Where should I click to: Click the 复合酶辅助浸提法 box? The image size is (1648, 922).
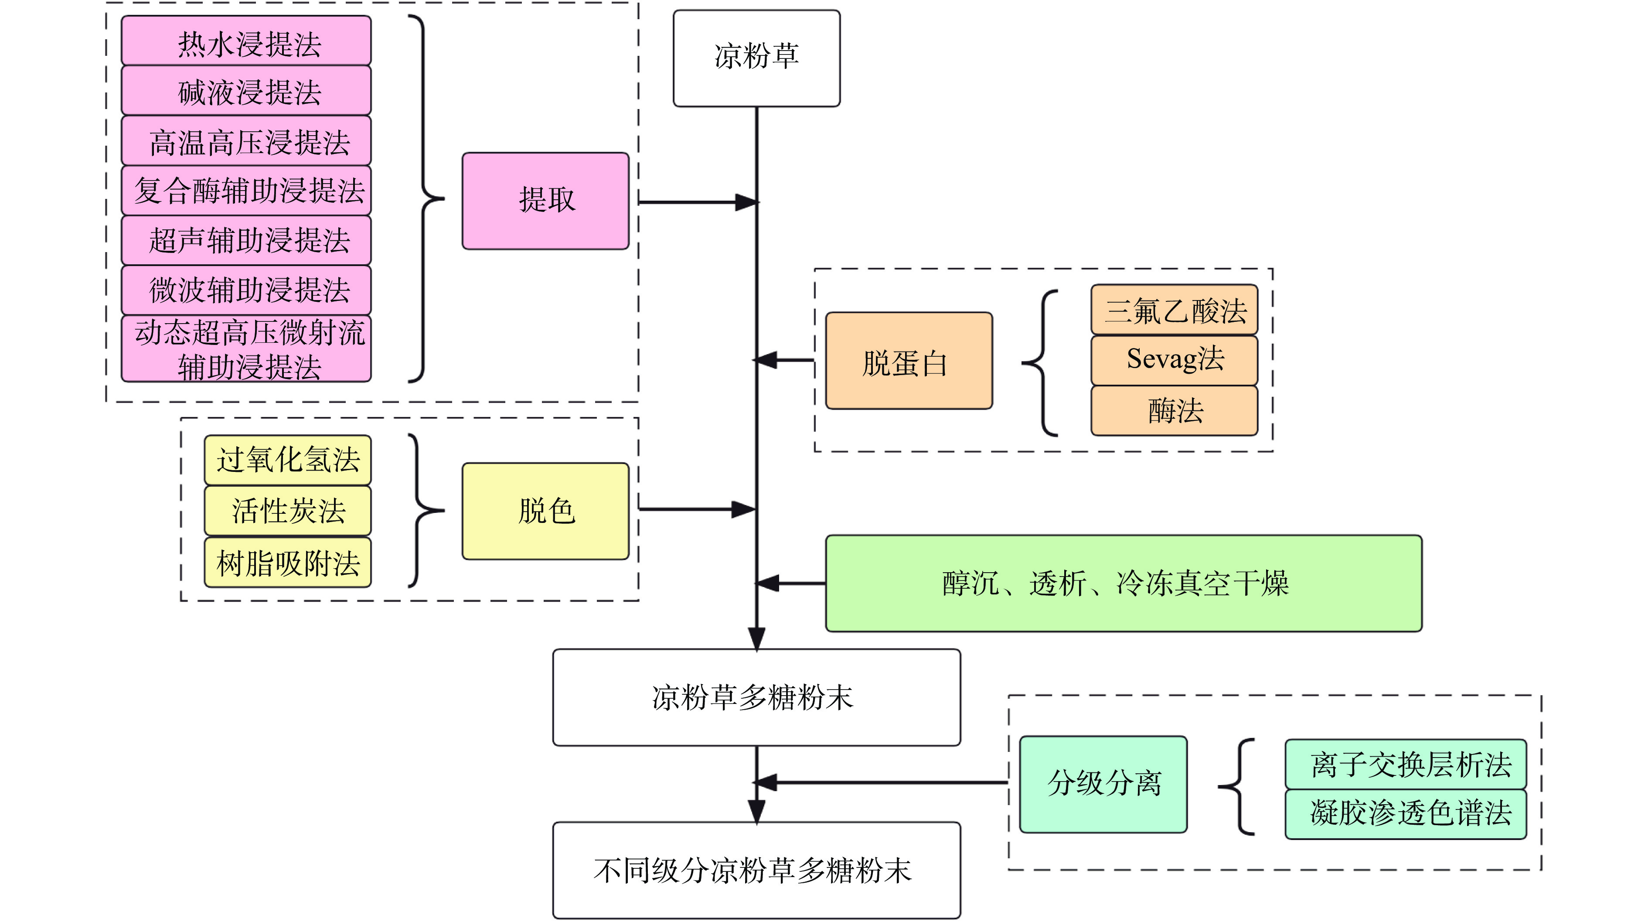(x=246, y=191)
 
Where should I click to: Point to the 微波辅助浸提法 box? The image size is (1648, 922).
(x=246, y=290)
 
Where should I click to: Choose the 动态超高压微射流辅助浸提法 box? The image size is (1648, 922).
(x=246, y=349)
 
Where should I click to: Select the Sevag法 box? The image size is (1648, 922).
(x=1174, y=359)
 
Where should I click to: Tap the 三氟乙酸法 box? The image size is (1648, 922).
(x=1174, y=311)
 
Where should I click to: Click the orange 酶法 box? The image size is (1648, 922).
(x=1174, y=410)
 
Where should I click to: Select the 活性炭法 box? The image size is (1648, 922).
(x=287, y=511)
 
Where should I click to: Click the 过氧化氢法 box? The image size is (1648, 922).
(x=287, y=460)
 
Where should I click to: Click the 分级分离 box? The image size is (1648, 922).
(x=1103, y=784)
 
